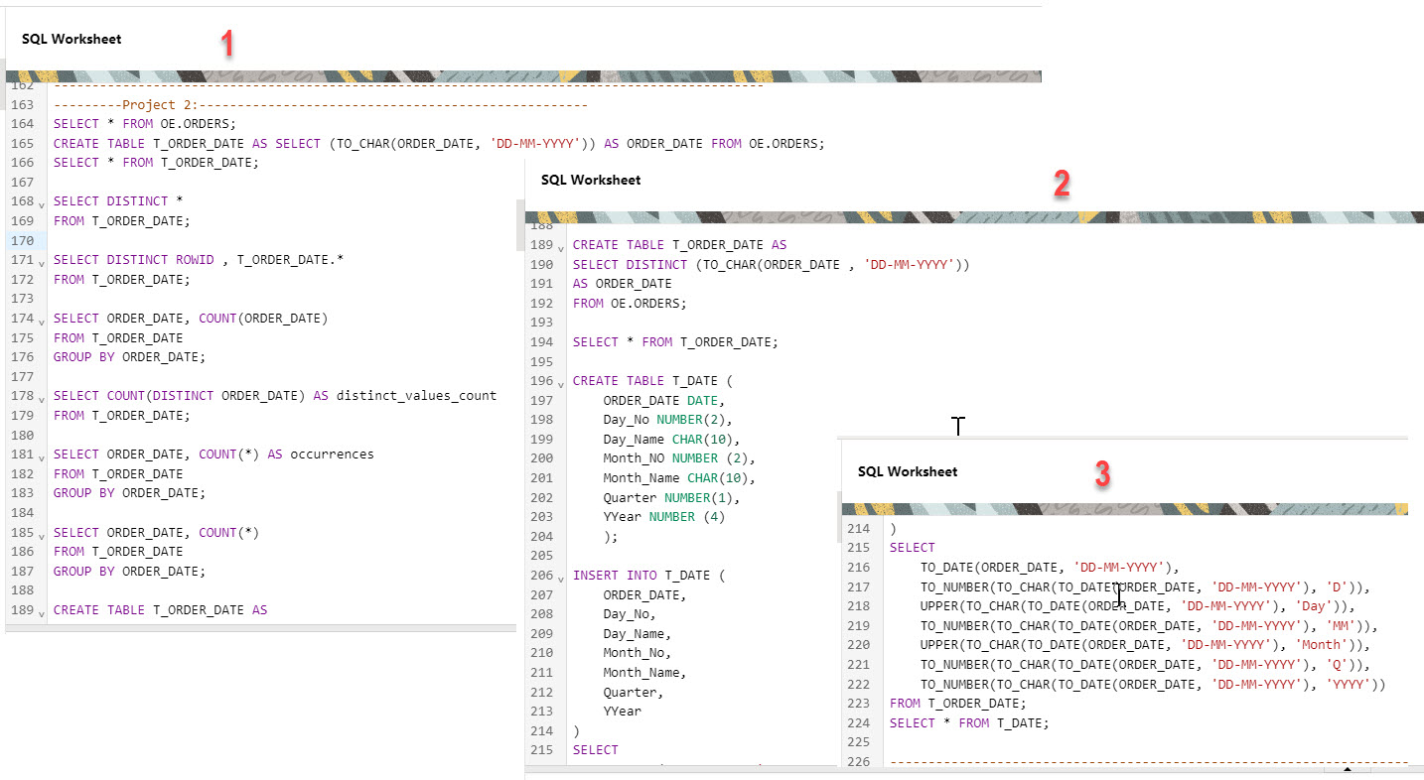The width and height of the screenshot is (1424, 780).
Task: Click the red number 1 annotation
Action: [x=227, y=43]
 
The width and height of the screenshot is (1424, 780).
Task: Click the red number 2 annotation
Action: [x=1062, y=184]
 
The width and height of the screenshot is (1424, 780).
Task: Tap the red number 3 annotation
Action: [x=1102, y=474]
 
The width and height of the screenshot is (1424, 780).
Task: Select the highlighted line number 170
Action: [x=22, y=240]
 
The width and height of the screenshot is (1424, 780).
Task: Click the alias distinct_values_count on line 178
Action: [x=416, y=396]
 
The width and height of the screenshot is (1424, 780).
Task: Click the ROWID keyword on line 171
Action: [x=194, y=260]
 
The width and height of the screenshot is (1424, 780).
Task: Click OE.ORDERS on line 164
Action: [x=197, y=124]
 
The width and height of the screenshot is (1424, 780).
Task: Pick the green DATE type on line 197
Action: [x=702, y=401]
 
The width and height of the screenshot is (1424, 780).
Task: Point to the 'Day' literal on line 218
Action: [x=1318, y=606]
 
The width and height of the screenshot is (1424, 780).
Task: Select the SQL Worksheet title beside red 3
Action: [x=908, y=471]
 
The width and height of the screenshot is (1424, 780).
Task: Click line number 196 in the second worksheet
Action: [x=542, y=381]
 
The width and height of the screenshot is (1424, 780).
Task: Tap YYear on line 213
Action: [x=622, y=712]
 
